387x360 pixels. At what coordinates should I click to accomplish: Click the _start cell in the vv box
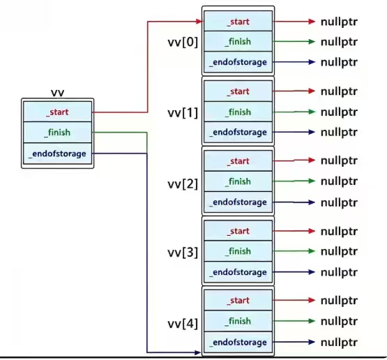57,112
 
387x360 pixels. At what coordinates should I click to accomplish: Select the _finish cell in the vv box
57,133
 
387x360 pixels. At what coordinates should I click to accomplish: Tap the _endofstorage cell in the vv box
57,153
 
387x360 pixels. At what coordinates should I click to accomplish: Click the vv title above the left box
57,93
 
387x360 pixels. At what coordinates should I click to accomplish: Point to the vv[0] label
183,42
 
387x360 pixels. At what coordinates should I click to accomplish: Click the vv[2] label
183,184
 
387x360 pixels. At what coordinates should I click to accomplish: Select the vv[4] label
183,324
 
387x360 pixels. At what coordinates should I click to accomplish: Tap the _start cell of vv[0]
238,21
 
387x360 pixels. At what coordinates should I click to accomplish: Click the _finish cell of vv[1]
238,112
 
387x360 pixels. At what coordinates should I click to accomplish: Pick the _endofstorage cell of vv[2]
238,202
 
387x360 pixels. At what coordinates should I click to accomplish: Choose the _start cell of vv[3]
238,231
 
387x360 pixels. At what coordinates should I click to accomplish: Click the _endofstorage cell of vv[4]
238,343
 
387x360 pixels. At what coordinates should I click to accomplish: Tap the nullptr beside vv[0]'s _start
339,22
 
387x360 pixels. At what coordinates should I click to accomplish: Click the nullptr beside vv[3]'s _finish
339,252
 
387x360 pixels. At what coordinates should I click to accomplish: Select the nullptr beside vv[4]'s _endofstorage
339,343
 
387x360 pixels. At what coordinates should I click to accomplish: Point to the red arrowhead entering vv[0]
199,22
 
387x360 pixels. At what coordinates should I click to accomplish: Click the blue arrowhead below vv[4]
198,352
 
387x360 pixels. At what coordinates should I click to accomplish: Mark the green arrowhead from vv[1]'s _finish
312,112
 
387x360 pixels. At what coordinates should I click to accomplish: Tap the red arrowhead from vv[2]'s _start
312,160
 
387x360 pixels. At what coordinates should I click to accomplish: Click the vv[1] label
183,113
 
